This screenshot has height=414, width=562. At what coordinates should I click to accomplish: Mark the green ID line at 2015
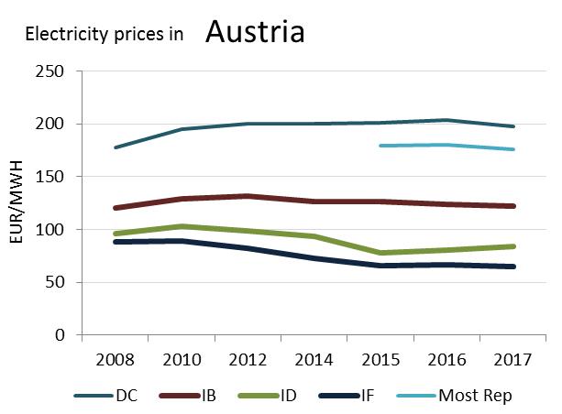380,253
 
